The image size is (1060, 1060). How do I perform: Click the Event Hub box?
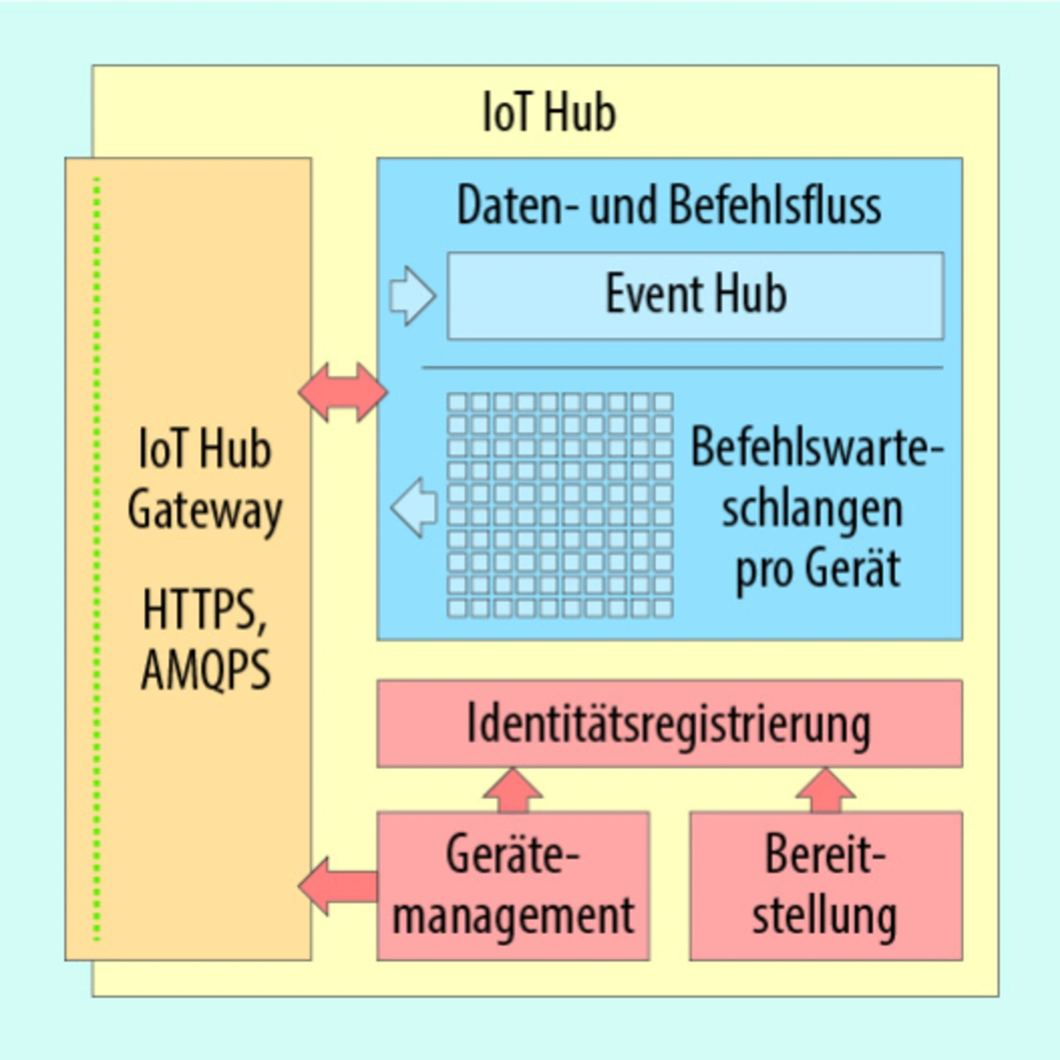pos(695,296)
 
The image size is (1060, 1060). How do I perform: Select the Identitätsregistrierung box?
pos(669,724)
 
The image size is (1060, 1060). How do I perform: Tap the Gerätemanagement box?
pos(513,886)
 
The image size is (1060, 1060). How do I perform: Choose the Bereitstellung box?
pos(826,886)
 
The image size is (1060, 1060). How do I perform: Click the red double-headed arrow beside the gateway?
pos(342,392)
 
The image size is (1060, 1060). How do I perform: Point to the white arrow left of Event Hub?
pos(412,296)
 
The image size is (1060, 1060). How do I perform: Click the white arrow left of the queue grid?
pos(414,507)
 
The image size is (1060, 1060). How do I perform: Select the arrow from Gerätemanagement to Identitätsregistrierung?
pos(513,790)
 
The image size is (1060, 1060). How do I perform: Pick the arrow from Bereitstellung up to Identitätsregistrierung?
pos(826,790)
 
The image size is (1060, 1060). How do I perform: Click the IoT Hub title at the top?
pos(549,113)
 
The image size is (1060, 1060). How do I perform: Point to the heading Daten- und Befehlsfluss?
pos(669,205)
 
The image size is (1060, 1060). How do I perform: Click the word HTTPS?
pos(204,609)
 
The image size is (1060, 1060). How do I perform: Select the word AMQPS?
pos(205,669)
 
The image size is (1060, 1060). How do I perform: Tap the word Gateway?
pos(205,510)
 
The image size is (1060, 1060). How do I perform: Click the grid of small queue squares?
pos(560,505)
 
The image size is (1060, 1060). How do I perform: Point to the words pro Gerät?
pos(817,570)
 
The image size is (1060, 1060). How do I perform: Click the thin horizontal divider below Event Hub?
pos(682,367)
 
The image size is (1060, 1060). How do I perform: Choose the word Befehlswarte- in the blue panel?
pos(817,447)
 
